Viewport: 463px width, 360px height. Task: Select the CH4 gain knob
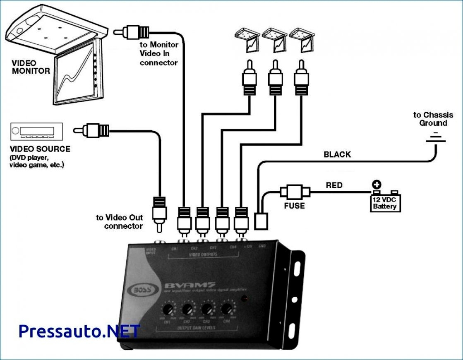[x=226, y=308]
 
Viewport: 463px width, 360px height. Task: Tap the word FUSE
[x=295, y=206]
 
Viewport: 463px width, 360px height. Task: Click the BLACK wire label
[x=337, y=155]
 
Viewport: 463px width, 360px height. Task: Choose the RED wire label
[x=334, y=185]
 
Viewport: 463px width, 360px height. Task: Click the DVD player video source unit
[x=36, y=132]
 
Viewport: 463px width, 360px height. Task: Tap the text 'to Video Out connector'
[x=120, y=222]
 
